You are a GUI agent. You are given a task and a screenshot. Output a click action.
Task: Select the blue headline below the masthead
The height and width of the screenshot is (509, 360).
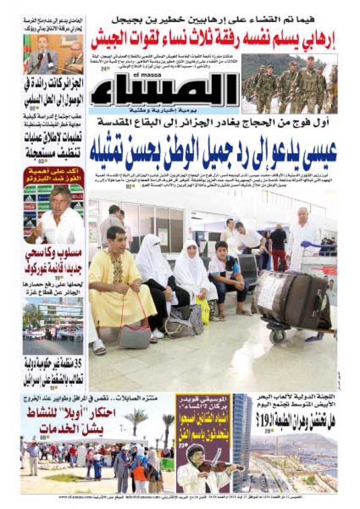(x=213, y=152)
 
